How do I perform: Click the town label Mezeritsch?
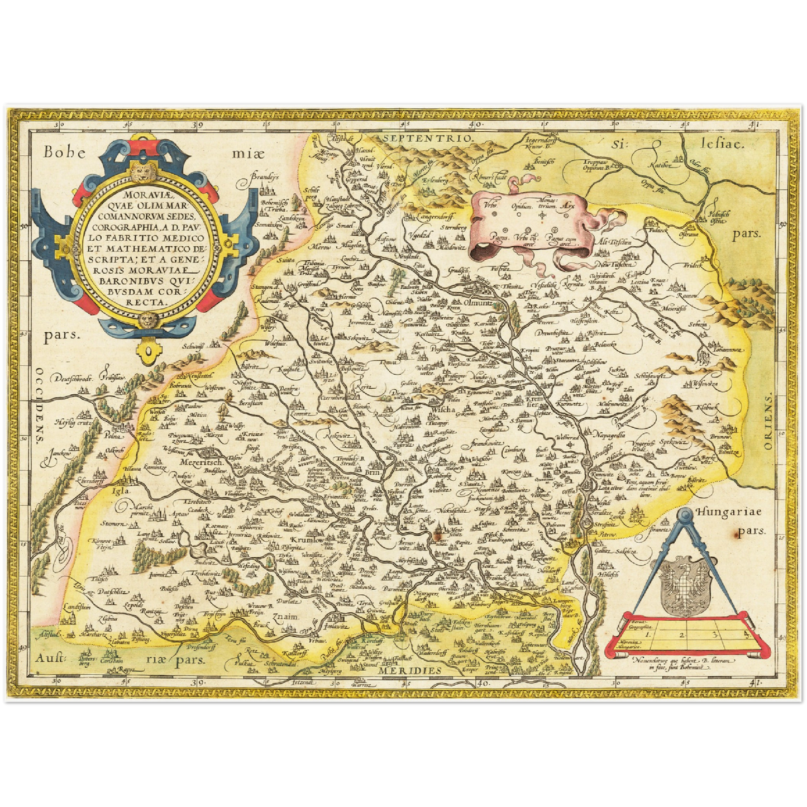pyautogui.click(x=202, y=462)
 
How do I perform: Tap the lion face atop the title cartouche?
pyautogui.click(x=146, y=170)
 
